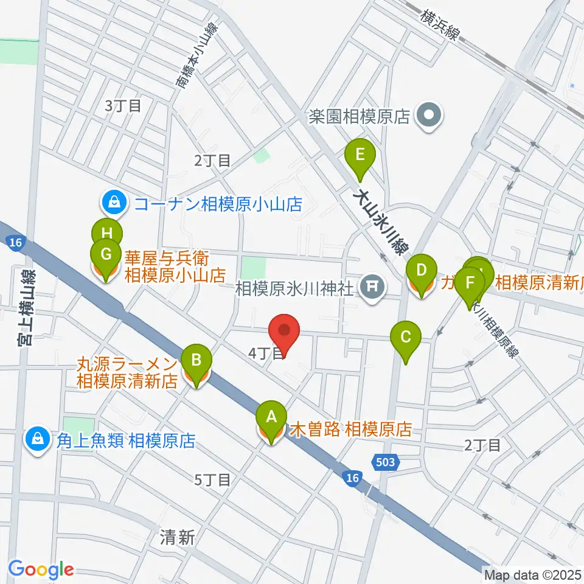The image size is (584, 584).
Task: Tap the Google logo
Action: pos(41,570)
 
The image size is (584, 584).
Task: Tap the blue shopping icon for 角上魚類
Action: pos(38,439)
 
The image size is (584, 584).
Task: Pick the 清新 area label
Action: pos(178,537)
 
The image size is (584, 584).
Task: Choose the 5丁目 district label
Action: pos(212,480)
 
